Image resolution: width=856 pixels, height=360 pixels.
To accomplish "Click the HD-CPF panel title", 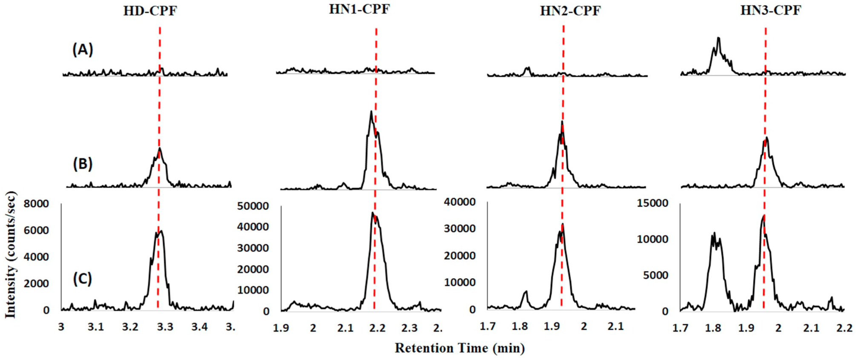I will (x=150, y=11).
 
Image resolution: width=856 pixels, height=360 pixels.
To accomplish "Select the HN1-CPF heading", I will (x=359, y=9).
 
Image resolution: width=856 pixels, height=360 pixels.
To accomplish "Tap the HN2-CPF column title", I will (x=570, y=11).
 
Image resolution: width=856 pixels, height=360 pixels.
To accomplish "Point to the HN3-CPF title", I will (x=771, y=10).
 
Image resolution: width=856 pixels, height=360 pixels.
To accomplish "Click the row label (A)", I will (x=83, y=49).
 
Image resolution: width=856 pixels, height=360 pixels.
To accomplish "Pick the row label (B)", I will (x=83, y=164).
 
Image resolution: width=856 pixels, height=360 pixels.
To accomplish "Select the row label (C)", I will (x=83, y=279).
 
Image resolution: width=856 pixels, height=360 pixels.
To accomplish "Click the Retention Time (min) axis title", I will (x=460, y=348).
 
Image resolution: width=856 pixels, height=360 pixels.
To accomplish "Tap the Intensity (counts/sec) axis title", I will (x=10, y=255).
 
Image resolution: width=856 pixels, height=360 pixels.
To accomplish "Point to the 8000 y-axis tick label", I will (x=36, y=204).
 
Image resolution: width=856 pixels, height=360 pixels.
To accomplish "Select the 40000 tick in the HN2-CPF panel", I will (x=460, y=202).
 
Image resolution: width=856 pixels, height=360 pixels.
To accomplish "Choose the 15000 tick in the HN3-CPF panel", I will (x=652, y=203).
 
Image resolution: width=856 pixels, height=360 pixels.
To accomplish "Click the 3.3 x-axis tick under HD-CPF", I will (x=165, y=327).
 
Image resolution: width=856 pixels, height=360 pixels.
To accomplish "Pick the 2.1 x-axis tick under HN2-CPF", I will (x=615, y=327).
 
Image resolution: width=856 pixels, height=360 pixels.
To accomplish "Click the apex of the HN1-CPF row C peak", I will (x=372, y=212).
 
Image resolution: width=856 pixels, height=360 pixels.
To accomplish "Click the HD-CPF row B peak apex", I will (x=160, y=148).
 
